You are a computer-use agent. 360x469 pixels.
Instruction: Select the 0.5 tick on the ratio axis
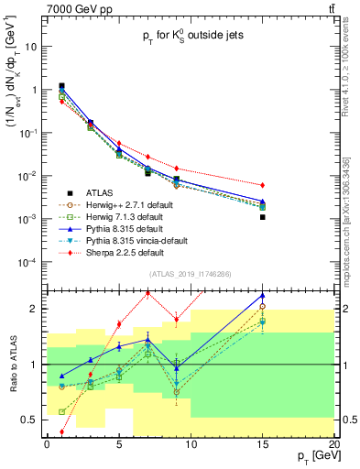[x=30, y=420]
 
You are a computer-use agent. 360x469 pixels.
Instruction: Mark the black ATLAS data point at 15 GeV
[x=262, y=217]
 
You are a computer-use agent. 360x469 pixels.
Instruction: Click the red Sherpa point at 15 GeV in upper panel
[x=262, y=185]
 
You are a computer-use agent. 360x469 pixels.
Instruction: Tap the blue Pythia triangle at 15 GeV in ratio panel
[x=262, y=296]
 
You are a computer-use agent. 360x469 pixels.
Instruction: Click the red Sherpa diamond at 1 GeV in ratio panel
[x=61, y=431]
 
